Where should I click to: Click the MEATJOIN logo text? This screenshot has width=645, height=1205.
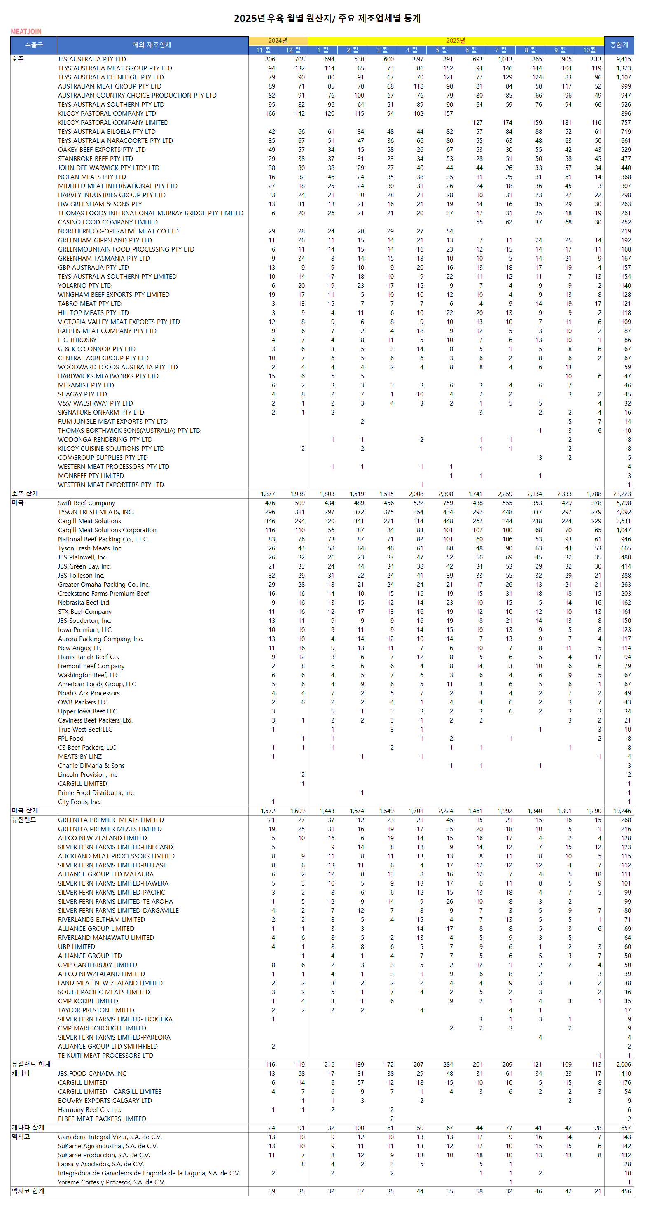tap(26, 31)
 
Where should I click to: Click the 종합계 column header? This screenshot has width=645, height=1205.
tap(619, 45)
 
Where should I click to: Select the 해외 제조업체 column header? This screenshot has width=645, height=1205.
tap(152, 45)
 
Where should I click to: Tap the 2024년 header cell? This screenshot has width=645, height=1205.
tap(278, 41)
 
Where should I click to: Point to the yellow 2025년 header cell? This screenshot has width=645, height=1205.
tap(456, 41)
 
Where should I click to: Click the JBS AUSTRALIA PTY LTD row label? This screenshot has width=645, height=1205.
tap(92, 59)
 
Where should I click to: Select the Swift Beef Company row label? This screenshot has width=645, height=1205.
tap(86, 503)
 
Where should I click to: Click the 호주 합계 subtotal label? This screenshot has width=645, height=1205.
tap(25, 494)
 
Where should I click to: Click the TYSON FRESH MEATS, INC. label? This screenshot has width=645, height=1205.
tap(96, 512)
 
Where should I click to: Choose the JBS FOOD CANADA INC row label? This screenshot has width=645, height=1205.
tap(92, 1074)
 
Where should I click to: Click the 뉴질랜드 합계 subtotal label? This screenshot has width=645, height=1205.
tap(31, 1064)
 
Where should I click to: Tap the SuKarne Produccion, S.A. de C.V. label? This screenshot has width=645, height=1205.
tap(104, 1155)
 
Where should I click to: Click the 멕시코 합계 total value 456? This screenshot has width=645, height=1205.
tap(625, 1191)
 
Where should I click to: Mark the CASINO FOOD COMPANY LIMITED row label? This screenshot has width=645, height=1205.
tap(107, 222)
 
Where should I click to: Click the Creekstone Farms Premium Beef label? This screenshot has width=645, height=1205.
tap(103, 594)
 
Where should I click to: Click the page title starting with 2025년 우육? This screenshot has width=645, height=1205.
tap(327, 18)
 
